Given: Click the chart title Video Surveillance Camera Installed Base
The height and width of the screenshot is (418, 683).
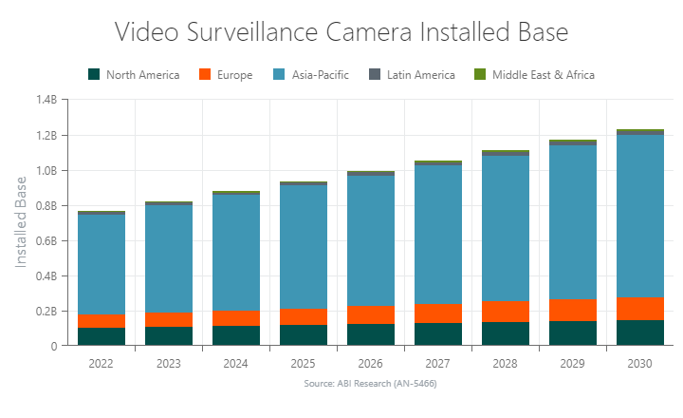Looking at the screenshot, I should (341, 31).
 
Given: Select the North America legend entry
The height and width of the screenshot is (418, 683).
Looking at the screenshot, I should (133, 75).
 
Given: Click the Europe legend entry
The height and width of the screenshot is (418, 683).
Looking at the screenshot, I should (226, 75).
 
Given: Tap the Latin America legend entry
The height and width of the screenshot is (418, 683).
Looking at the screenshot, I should (413, 75).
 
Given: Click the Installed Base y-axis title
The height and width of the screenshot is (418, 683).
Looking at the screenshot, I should (22, 222).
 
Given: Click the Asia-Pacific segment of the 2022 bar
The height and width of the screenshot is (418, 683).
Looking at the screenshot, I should (102, 264).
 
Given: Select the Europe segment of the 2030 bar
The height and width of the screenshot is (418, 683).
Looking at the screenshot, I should (639, 309).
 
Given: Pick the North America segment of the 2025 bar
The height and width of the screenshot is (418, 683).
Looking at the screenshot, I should (304, 335).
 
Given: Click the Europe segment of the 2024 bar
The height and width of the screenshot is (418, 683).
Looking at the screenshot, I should (236, 318).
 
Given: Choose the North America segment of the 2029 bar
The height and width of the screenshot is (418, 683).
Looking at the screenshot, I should (572, 333).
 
